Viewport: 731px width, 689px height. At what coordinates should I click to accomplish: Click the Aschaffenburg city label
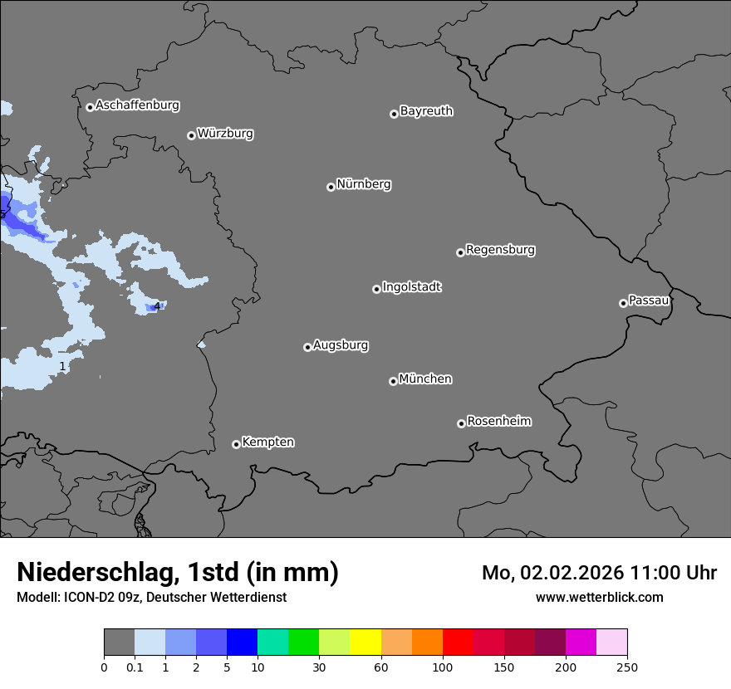click(137, 105)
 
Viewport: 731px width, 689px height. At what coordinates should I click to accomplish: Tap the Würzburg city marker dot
click(191, 135)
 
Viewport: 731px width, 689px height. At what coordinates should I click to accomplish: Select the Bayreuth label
click(426, 111)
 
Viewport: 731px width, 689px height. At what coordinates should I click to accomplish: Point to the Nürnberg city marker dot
click(331, 187)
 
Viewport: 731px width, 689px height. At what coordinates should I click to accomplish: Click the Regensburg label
click(500, 250)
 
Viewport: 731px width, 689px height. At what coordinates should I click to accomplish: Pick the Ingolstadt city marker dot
click(376, 289)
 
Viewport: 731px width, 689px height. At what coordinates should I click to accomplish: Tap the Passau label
click(649, 301)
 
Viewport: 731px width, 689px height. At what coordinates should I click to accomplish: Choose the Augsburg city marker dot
click(307, 347)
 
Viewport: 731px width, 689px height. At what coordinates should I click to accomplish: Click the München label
click(425, 379)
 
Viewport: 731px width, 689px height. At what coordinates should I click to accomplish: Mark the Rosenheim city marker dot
click(461, 424)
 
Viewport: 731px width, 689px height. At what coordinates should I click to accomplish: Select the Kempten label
click(267, 442)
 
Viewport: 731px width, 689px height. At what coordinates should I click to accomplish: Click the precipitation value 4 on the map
click(156, 306)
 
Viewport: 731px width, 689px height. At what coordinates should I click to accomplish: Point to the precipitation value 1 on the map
click(62, 366)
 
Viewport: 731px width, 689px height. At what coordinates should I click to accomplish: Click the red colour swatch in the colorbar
click(458, 643)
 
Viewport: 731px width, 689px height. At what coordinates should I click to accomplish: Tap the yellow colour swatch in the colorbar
click(365, 643)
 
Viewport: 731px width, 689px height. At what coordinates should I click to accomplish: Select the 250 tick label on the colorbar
click(626, 667)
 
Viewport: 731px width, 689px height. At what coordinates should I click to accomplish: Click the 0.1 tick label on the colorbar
click(135, 667)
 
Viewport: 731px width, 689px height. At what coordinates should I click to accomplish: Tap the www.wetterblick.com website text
click(599, 597)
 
